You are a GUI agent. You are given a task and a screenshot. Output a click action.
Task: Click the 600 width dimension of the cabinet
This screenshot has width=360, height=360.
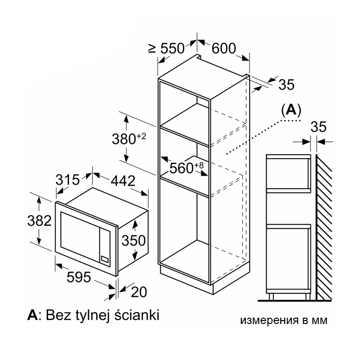coord(224,48)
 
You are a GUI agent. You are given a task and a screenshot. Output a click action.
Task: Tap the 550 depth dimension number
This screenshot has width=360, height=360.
coord(172,48)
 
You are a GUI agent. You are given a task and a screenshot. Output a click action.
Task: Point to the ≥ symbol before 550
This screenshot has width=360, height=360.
coord(152,48)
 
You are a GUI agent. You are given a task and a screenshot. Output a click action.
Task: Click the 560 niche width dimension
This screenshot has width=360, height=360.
coord(181,168)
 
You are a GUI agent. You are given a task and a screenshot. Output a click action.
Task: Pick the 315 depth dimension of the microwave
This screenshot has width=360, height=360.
coord(68,180)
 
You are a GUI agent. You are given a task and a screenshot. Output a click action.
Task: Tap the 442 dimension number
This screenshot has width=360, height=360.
coord(123,181)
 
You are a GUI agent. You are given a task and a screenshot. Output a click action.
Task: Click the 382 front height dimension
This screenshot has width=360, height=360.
coord(39,221)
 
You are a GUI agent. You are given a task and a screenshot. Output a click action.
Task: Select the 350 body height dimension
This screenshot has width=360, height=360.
coord(134,240)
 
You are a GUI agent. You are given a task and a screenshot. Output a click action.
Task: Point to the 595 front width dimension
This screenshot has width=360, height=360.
coord(79,277)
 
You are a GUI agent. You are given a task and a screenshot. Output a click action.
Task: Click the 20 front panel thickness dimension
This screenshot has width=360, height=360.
coord(139,292)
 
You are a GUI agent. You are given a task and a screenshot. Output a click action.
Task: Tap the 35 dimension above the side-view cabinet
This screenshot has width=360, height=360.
coord(319,126)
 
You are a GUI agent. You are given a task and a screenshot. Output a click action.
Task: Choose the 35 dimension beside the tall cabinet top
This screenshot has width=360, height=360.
coord(287,85)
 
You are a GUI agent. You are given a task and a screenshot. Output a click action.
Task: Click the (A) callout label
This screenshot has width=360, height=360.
coord(291,110)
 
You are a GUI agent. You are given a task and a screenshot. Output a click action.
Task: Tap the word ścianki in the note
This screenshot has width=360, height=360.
coord(137,315)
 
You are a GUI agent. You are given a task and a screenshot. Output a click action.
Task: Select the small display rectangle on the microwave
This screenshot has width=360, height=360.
coord(105,259)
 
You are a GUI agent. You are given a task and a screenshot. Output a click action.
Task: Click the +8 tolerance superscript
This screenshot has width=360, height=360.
coord(199,165)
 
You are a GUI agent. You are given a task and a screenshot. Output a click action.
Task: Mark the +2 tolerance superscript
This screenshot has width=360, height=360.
coord(142,136)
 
